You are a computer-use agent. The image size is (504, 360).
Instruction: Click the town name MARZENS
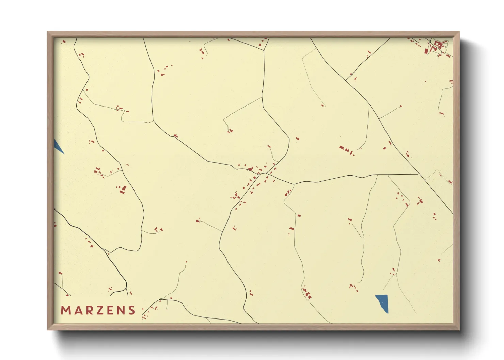click(x=98, y=310)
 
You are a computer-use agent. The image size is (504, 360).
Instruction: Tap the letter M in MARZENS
click(x=65, y=310)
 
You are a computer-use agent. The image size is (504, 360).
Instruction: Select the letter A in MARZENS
click(x=77, y=310)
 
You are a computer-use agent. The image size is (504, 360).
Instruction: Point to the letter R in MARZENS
click(x=88, y=310)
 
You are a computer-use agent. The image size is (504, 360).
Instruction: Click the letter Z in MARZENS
click(x=99, y=310)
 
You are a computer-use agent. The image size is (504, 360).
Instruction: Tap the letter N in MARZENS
click(x=120, y=310)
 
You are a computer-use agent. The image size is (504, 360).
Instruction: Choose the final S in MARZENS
click(x=131, y=310)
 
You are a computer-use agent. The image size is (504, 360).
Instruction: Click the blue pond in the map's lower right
click(x=382, y=303)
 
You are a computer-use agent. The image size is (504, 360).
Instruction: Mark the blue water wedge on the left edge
click(x=58, y=146)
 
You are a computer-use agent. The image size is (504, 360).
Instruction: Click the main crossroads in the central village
click(x=259, y=174)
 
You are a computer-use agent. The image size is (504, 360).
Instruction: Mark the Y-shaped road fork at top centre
click(x=264, y=50)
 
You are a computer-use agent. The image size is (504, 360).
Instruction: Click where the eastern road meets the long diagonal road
click(x=418, y=174)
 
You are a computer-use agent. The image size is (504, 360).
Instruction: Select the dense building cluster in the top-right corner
click(x=438, y=47)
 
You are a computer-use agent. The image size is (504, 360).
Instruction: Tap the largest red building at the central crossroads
click(x=251, y=169)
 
